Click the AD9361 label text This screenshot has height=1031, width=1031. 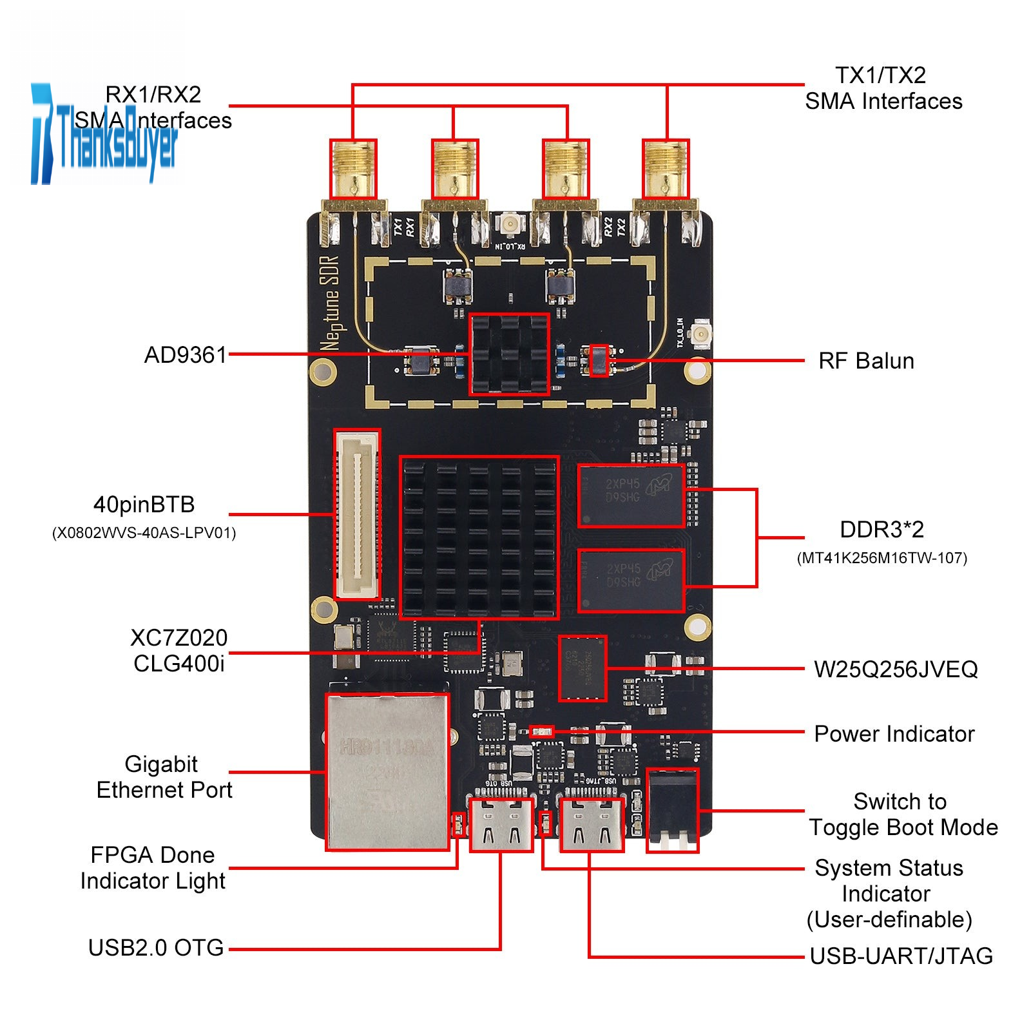click(186, 355)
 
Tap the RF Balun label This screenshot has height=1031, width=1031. click(866, 361)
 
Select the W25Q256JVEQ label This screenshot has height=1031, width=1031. click(896, 670)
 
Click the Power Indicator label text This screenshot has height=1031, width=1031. click(894, 734)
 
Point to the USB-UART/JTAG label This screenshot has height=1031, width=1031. click(901, 956)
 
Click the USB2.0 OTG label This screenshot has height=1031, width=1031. click(156, 948)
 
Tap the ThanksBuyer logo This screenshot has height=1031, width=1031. click(103, 135)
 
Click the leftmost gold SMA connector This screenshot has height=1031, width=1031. click(353, 169)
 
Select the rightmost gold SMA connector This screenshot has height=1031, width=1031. click(666, 169)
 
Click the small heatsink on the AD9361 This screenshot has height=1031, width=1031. click(509, 354)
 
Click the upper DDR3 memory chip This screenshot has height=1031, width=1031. click(631, 496)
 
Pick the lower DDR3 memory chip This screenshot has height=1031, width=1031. click(631, 580)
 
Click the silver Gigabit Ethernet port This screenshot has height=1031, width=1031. click(387, 771)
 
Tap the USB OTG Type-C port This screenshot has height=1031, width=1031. click(501, 825)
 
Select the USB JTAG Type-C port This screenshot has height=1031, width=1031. click(592, 825)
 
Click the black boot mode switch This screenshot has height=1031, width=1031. click(673, 810)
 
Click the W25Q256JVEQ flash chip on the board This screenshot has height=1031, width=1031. click(583, 668)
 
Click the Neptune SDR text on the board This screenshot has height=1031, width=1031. click(330, 303)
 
